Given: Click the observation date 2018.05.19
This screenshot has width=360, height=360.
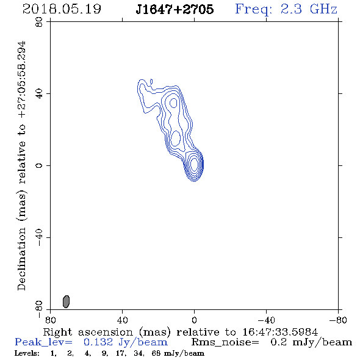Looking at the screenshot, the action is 62,9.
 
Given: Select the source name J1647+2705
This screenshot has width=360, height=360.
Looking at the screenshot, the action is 175,9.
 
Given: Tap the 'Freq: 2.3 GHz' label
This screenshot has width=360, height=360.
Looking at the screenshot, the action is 286,10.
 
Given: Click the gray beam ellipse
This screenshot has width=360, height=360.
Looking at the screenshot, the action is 66,301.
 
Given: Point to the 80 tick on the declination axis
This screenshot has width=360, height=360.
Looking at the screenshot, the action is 39,22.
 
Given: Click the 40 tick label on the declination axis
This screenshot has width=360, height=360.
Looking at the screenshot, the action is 39,94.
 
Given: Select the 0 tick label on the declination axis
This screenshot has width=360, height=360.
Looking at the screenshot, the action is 39,165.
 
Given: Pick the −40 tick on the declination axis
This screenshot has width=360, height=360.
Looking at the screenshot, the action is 39,237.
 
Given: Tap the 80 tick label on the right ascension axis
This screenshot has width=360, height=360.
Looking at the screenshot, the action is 50,320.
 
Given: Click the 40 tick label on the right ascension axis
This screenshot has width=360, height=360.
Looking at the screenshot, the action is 122,320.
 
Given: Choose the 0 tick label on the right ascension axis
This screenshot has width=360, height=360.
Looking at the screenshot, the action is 194,320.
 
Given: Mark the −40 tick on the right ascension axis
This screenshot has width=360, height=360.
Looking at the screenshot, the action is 266,320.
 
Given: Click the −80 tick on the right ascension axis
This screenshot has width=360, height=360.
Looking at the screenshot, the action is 338,320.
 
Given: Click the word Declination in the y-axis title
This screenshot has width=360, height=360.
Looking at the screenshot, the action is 21,259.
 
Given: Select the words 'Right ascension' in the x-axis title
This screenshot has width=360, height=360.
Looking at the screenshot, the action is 88,332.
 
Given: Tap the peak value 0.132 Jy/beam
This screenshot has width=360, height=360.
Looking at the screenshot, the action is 125,342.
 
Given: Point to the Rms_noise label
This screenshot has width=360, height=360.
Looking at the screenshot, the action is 225,342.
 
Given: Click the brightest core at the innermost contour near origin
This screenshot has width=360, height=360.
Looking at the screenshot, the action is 194,164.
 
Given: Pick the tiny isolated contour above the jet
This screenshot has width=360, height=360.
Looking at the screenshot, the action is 151,82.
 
